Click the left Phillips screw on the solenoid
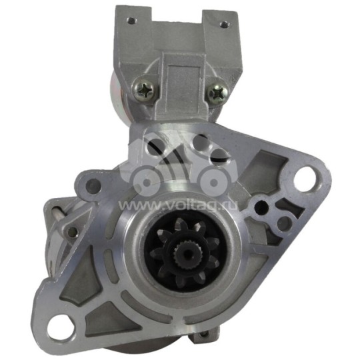click(x=144, y=90)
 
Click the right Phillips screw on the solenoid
click(x=218, y=93)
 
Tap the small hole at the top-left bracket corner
click(x=131, y=21)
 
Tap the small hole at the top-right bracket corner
click(x=223, y=25)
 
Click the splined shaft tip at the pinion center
click(x=185, y=252)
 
